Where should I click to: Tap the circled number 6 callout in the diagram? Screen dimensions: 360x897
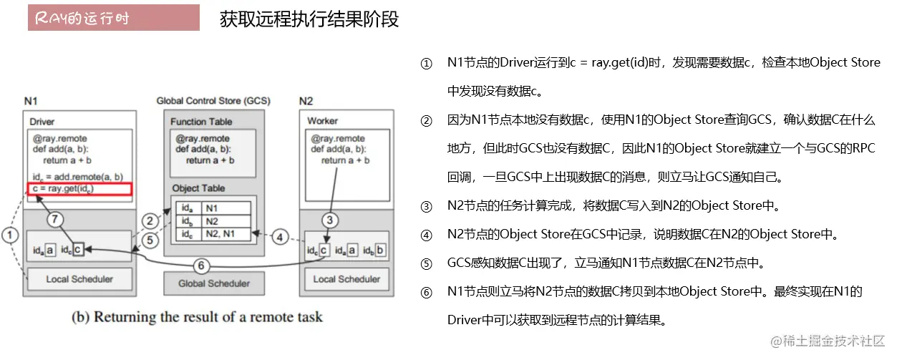point(202,266)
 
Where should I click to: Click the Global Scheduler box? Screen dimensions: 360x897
point(214,283)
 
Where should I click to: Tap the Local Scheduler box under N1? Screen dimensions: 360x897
point(79,278)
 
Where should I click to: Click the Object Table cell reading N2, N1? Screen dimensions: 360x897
point(228,233)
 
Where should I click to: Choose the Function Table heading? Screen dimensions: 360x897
point(202,122)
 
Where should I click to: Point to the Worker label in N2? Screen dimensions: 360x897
point(322,121)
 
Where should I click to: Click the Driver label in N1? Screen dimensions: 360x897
point(42,122)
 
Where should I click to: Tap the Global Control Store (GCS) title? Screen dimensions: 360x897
point(213,101)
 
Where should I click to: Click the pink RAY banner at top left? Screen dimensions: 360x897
point(114,19)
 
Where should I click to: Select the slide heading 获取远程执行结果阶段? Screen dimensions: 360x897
point(309,19)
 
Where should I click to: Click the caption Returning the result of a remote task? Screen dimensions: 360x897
point(197,317)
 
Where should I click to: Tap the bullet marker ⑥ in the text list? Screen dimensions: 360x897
point(427,293)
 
